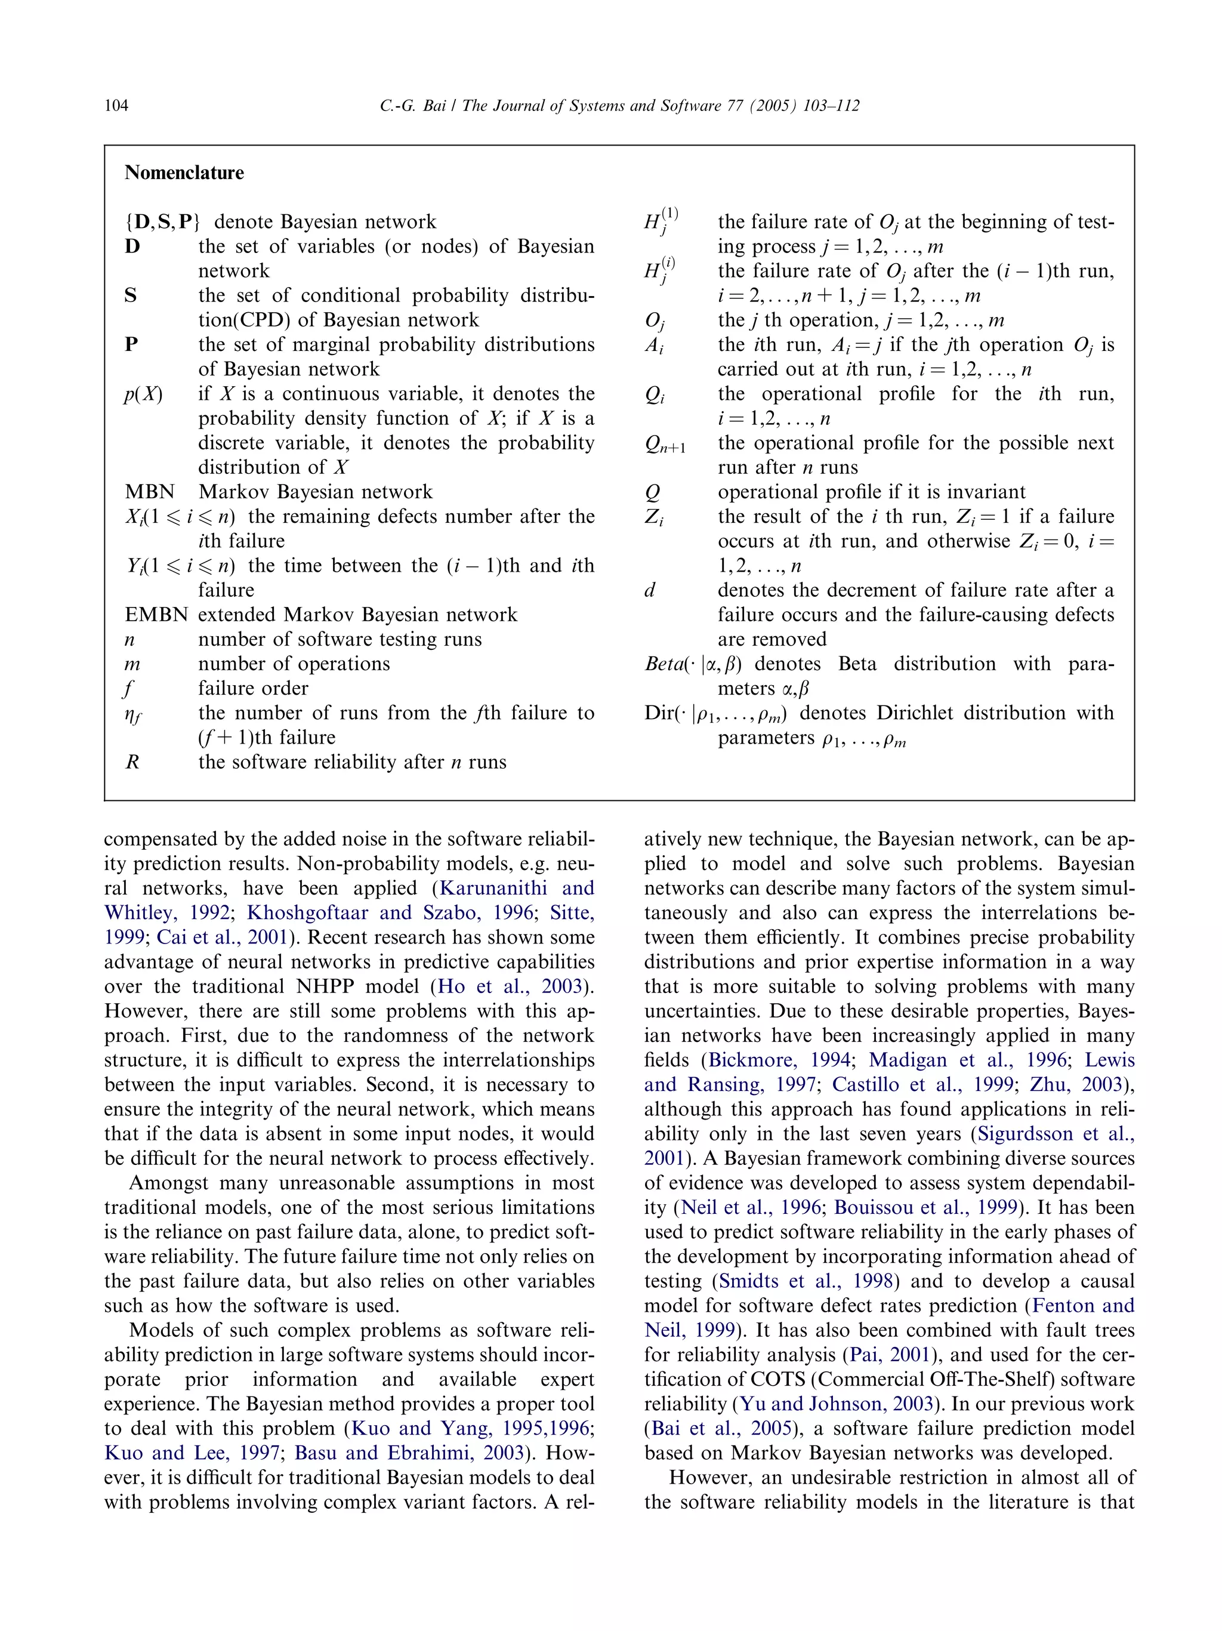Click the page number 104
click(116, 106)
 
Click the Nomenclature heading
click(184, 172)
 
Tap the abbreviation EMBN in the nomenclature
click(156, 614)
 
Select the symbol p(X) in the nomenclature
click(142, 394)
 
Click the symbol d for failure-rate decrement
click(649, 590)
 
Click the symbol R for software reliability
click(132, 761)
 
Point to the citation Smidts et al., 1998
click(805, 1281)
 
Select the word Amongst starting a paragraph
click(171, 1183)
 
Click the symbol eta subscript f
click(132, 714)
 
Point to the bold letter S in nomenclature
click(131, 295)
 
